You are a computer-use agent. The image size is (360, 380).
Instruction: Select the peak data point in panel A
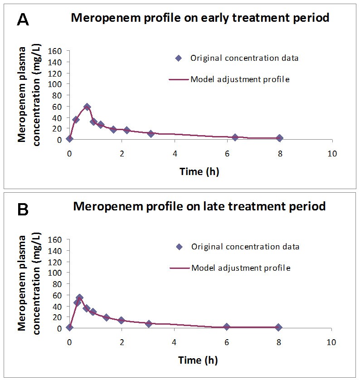point(87,107)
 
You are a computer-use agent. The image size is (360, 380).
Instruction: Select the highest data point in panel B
point(79,298)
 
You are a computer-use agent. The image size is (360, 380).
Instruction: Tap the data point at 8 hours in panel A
point(280,138)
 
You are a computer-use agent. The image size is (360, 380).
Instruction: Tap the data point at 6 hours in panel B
point(227,327)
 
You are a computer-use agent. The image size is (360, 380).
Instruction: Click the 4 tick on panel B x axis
point(174,342)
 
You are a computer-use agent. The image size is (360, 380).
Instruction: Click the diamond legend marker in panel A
point(178,58)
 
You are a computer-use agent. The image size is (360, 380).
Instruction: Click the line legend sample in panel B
point(179,268)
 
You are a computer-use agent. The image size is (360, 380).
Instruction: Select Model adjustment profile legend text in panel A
point(240,79)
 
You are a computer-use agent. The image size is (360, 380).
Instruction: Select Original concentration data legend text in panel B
point(245,247)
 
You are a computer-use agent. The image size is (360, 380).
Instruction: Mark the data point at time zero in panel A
point(69,139)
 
